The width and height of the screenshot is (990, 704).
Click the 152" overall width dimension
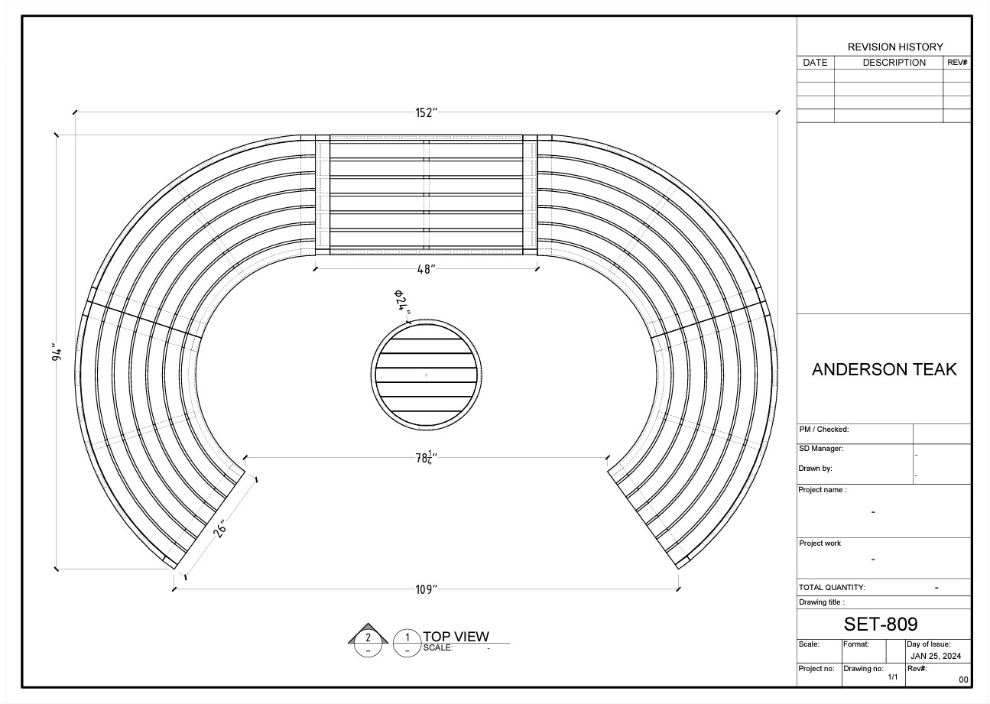426,112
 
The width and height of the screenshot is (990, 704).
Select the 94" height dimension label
57,352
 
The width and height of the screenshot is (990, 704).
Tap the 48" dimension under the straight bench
426,269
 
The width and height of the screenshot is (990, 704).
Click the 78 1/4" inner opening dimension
426,458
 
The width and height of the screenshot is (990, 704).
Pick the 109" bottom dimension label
426,589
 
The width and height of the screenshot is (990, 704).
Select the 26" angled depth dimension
219,528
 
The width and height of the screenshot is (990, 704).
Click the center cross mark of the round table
426,375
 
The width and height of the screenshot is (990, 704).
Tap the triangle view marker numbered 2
368,634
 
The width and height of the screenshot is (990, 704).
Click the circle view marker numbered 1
407,643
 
